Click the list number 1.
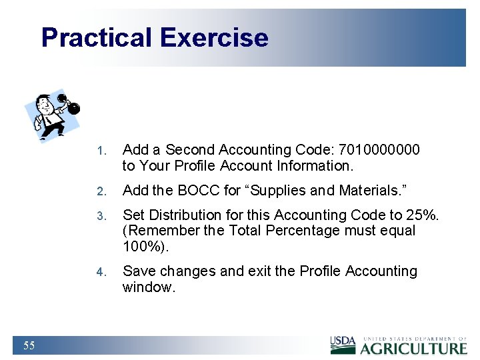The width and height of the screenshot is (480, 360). [x=100, y=151]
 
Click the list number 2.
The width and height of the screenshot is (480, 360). [x=100, y=191]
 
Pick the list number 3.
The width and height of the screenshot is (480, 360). [x=100, y=216]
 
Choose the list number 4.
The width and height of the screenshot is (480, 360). [x=100, y=272]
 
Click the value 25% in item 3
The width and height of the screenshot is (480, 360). [x=424, y=215]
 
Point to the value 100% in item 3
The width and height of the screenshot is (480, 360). [x=145, y=247]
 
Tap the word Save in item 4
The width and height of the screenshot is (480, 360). [x=138, y=271]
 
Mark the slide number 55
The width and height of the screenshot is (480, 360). [x=29, y=345]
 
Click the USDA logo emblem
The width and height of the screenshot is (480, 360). [x=343, y=345]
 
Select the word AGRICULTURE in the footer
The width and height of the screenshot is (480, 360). [x=414, y=348]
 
